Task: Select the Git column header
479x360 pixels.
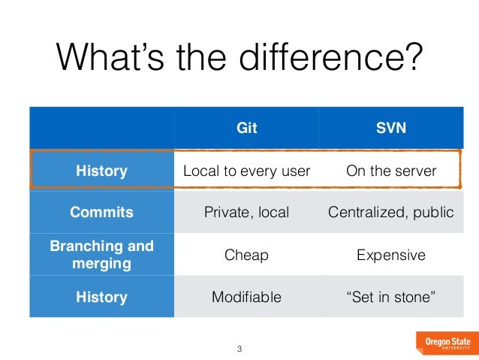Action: click(x=246, y=128)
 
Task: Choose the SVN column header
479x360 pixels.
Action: click(x=390, y=128)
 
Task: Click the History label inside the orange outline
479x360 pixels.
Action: click(x=101, y=171)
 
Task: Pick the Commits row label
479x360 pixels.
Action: click(x=101, y=212)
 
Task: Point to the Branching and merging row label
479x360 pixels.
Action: click(x=101, y=254)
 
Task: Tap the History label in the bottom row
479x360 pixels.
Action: click(x=101, y=296)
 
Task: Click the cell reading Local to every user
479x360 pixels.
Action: click(x=246, y=171)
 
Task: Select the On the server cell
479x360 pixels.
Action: click(x=390, y=171)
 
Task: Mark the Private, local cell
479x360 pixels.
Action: click(x=246, y=212)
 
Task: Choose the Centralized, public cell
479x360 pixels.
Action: click(x=390, y=212)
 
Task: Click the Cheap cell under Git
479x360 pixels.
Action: click(x=246, y=255)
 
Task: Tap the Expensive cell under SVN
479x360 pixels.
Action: click(x=390, y=255)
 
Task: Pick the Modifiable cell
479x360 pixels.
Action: click(x=246, y=297)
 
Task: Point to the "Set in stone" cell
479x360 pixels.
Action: click(x=390, y=297)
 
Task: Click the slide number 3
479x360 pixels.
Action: click(x=239, y=349)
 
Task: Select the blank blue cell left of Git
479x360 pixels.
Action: click(x=101, y=128)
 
